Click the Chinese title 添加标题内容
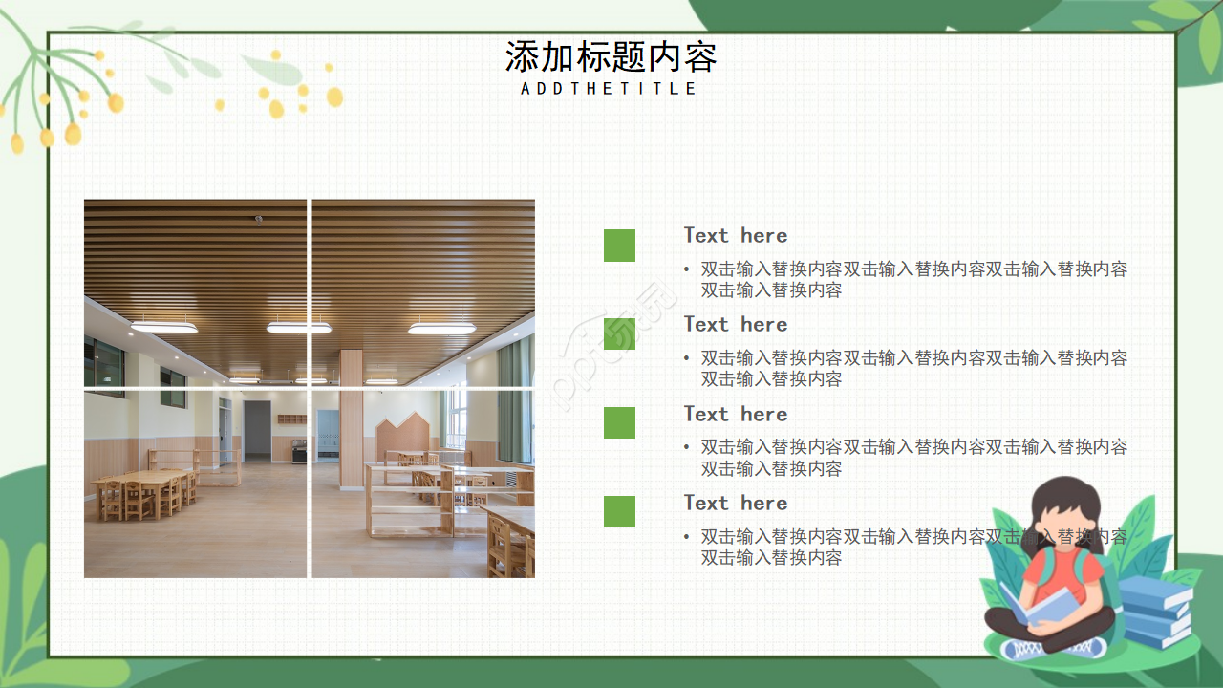[611, 57]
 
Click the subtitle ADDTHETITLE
[610, 88]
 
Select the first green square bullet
[619, 246]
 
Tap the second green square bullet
[619, 333]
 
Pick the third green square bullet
[619, 422]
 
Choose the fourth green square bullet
[619, 511]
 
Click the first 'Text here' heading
[735, 235]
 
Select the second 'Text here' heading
[735, 324]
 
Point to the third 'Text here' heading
[735, 414]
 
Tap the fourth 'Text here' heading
[735, 503]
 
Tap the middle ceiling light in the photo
[298, 328]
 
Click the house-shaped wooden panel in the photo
[406, 435]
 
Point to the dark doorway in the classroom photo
[257, 430]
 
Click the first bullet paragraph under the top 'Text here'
[913, 279]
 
